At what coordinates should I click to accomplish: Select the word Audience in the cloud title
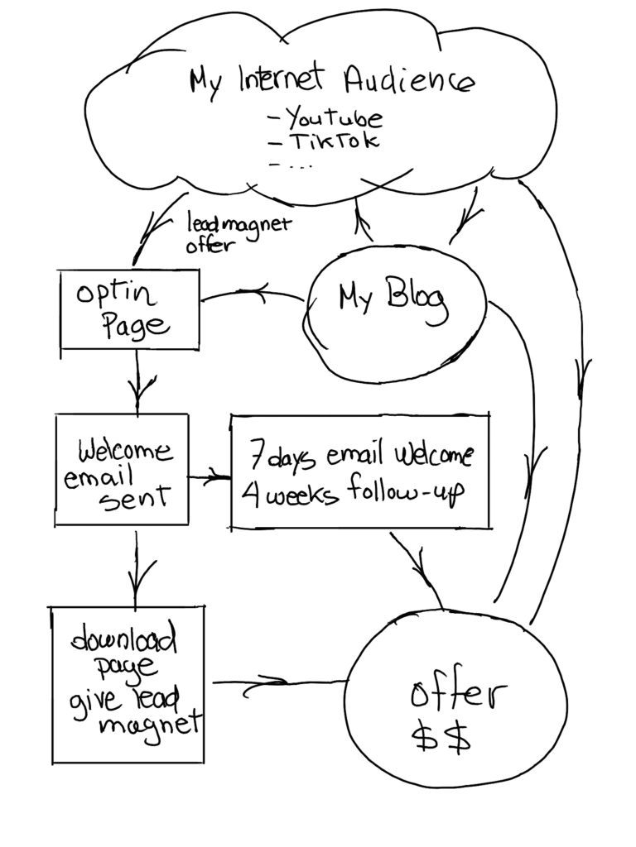[x=409, y=81]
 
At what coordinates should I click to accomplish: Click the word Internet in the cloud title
[x=281, y=79]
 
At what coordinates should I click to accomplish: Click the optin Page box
[x=129, y=309]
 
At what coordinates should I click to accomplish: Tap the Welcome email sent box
[x=122, y=470]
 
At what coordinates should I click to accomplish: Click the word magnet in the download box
[x=149, y=726]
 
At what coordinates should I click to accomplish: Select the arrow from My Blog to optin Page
[x=253, y=292]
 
